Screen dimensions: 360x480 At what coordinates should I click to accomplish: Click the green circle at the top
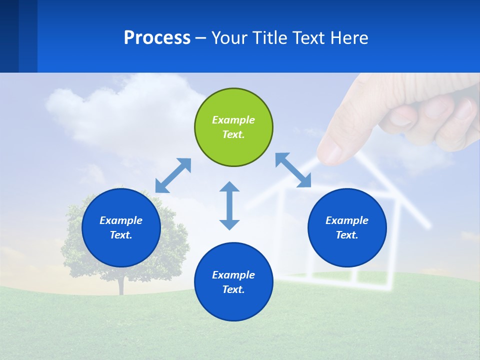point(233,127)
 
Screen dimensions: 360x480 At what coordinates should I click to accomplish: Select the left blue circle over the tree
point(121,227)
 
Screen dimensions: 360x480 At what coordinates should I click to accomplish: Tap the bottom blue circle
point(233,282)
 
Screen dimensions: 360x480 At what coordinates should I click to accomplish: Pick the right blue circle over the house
point(347,227)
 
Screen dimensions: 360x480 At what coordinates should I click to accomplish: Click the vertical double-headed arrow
point(229,205)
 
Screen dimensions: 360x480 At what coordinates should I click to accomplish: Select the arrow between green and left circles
point(173,175)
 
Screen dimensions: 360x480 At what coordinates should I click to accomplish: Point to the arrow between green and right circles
point(293,170)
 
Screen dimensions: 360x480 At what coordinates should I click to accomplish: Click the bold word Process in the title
point(157,38)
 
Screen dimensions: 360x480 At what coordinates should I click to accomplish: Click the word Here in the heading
point(350,38)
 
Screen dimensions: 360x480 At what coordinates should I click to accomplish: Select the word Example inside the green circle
point(233,120)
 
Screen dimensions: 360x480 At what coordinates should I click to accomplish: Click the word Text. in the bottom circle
point(233,289)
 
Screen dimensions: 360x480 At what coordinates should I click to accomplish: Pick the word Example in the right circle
point(347,220)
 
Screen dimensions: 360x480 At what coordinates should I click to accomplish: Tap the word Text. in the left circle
point(121,235)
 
